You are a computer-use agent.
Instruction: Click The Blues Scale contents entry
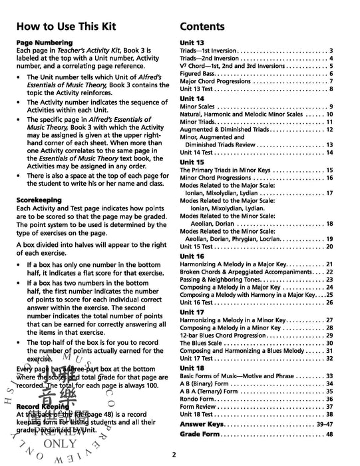[x=205, y=343]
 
